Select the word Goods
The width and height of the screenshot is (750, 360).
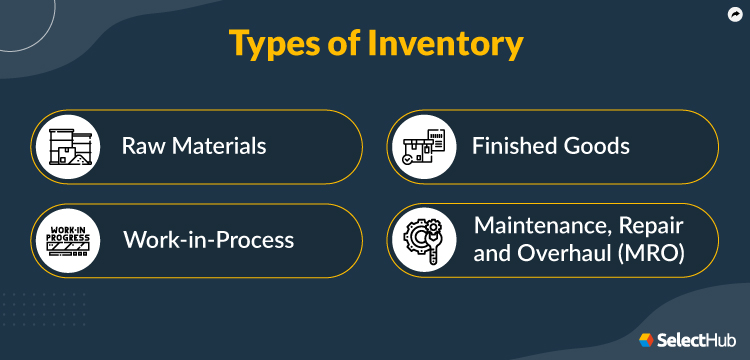tap(594, 146)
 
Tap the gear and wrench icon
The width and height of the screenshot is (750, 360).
tap(421, 241)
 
